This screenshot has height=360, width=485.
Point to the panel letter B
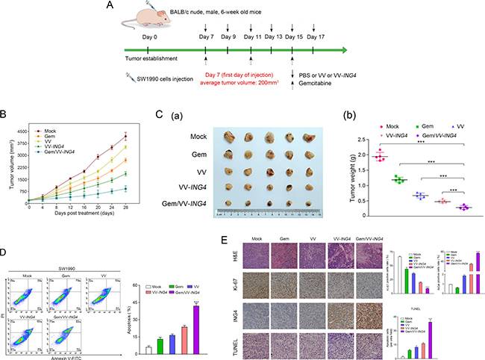(x=5, y=114)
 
